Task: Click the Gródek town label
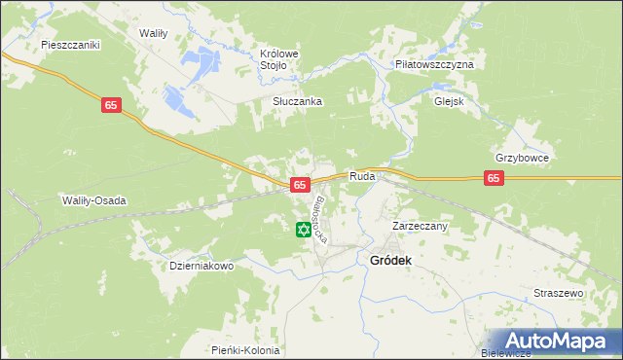[x=390, y=261]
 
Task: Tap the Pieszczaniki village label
[x=71, y=45]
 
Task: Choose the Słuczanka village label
[x=297, y=101]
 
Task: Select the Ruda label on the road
[x=362, y=177]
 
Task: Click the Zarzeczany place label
[x=420, y=226]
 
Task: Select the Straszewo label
[x=558, y=293]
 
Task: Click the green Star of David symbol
[x=303, y=231]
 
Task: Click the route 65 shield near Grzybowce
[x=495, y=178]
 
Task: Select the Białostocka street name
[x=325, y=218]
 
